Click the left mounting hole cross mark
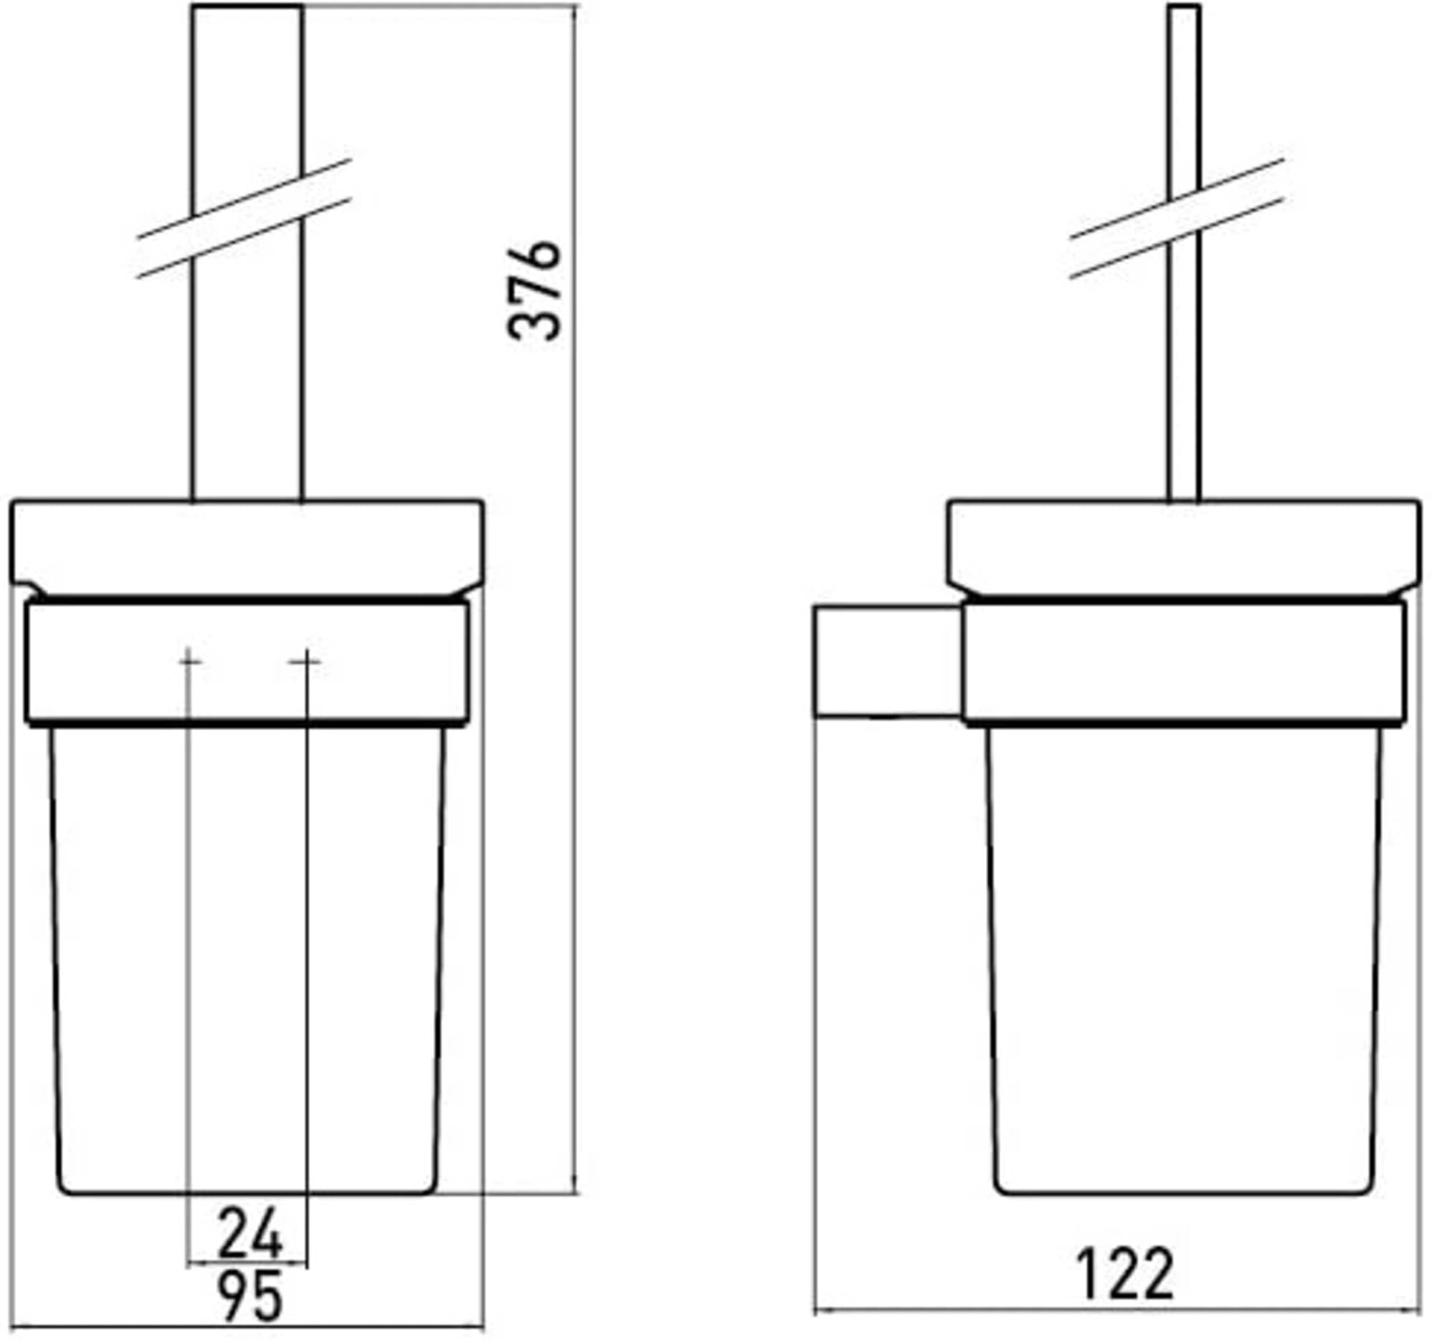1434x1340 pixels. pos(190,660)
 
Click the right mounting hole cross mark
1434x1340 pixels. pos(306,660)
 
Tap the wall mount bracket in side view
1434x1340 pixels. pos(888,662)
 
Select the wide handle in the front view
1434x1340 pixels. pos(247,252)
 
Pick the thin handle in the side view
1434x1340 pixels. pos(1184,252)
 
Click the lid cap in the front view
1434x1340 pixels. pos(247,548)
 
